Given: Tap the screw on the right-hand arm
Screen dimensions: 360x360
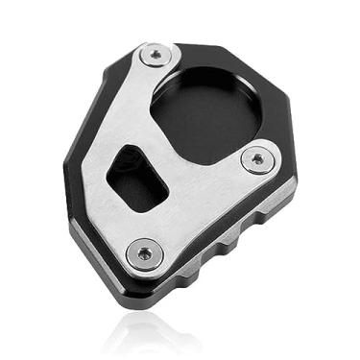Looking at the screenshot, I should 256,158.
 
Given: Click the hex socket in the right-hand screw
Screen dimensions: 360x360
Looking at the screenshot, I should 256,158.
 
